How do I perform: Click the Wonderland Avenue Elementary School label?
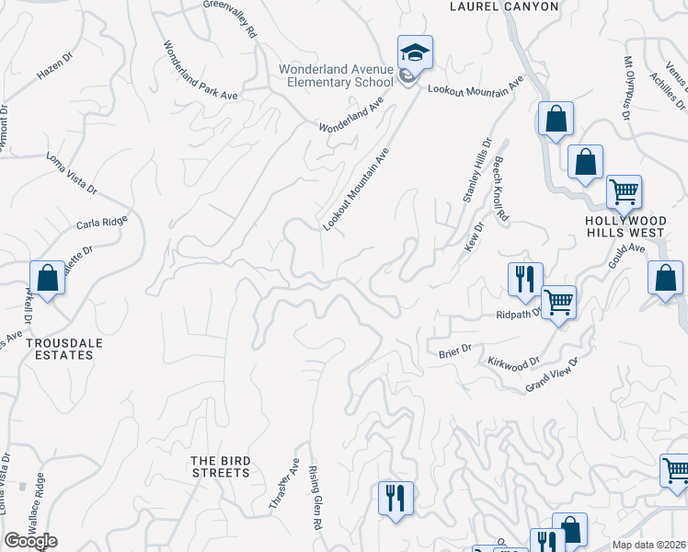click(x=337, y=75)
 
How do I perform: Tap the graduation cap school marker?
click(x=414, y=52)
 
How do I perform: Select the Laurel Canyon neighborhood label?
click(x=503, y=6)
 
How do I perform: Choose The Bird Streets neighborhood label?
click(x=220, y=466)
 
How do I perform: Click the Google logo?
click(x=30, y=541)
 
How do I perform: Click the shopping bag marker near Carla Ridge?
click(x=47, y=278)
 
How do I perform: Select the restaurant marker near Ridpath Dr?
click(x=525, y=278)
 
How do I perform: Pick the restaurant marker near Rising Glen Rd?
click(x=396, y=498)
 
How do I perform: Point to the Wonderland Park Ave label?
click(x=195, y=73)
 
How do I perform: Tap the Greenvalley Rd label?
click(x=230, y=18)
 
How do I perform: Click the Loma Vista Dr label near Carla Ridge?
click(x=72, y=175)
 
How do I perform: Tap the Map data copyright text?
click(x=649, y=544)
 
